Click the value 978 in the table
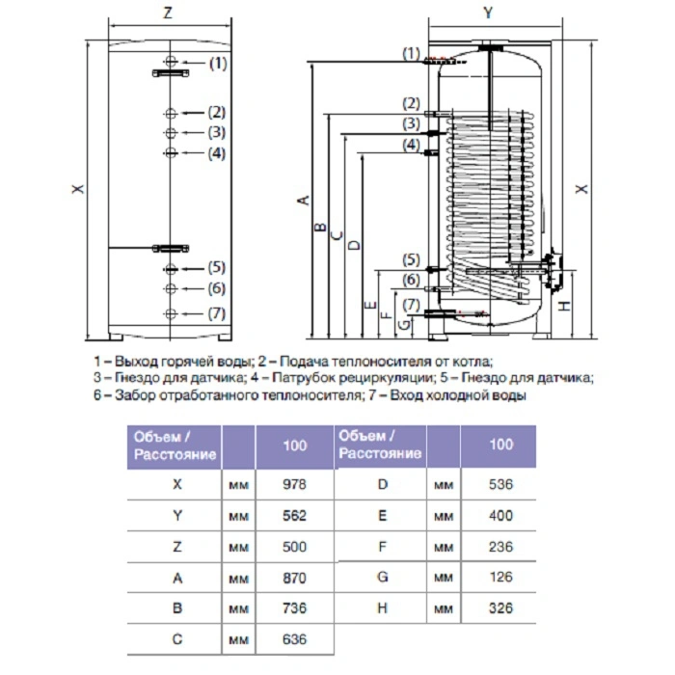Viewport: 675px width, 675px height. click(x=294, y=484)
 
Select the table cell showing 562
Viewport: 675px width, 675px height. click(x=294, y=515)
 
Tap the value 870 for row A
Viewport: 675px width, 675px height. click(x=294, y=578)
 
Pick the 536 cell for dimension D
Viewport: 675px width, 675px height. click(x=500, y=484)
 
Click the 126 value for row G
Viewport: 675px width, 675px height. click(x=500, y=577)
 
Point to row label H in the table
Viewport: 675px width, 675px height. click(x=382, y=607)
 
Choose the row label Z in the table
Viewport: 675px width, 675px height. click(x=176, y=547)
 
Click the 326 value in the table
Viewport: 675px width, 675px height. click(x=500, y=607)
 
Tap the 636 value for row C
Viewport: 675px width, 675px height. click(x=294, y=639)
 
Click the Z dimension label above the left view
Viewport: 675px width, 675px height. click(x=168, y=13)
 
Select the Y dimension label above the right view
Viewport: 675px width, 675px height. click(x=488, y=13)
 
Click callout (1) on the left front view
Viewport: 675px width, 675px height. click(x=218, y=64)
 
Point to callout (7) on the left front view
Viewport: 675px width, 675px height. click(x=217, y=313)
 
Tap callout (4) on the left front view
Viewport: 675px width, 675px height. click(x=217, y=153)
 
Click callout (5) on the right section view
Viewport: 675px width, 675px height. click(x=411, y=259)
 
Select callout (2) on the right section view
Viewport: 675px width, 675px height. click(x=411, y=103)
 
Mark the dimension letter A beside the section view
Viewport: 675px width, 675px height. click(x=304, y=201)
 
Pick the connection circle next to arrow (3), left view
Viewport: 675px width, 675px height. click(x=171, y=133)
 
